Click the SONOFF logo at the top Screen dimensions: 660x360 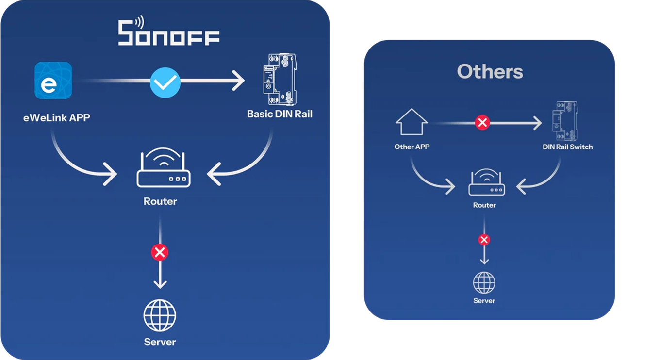(x=168, y=31)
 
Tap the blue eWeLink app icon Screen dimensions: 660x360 (x=53, y=81)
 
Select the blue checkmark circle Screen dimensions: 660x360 (x=165, y=82)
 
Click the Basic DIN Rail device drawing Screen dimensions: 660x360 (x=280, y=79)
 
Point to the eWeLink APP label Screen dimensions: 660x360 (x=57, y=118)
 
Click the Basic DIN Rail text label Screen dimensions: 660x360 (x=280, y=114)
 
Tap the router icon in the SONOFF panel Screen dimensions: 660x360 (x=164, y=167)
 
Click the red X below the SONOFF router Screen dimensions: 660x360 (x=160, y=252)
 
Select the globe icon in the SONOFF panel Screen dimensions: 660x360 (x=160, y=315)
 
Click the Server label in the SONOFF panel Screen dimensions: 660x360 (x=160, y=342)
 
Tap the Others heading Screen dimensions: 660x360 (x=490, y=72)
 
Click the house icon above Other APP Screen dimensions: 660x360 (x=412, y=122)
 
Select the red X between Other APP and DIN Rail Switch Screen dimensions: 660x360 (x=482, y=123)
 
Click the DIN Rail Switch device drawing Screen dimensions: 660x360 (x=565, y=121)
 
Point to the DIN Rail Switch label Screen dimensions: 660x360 (x=567, y=147)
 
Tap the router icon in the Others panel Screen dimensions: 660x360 (x=486, y=182)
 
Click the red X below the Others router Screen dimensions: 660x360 (x=484, y=240)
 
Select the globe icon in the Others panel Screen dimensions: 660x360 (x=484, y=283)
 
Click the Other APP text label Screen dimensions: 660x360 (x=412, y=147)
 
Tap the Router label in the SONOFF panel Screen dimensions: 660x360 (x=160, y=201)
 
